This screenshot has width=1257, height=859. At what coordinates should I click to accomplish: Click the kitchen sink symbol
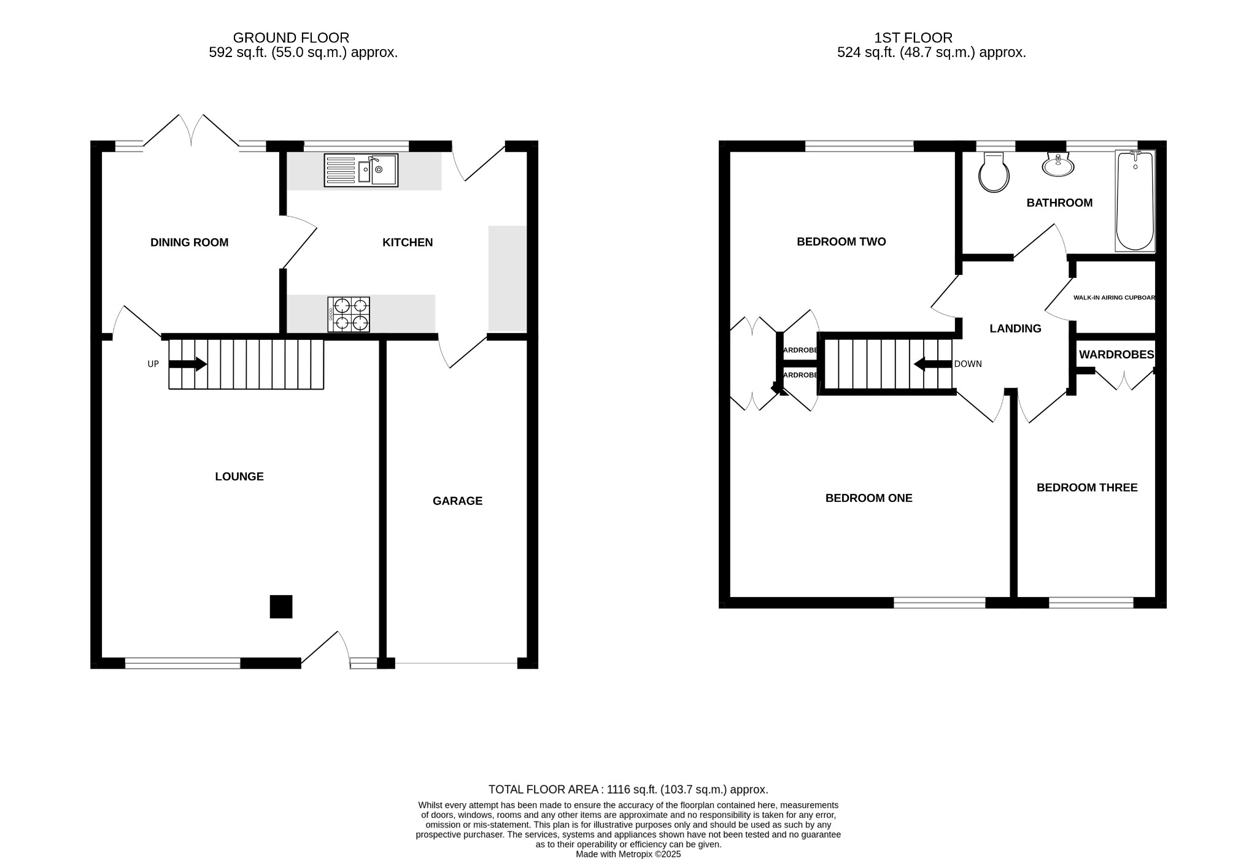(x=361, y=170)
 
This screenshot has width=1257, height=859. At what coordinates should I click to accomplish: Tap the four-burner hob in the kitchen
(x=349, y=314)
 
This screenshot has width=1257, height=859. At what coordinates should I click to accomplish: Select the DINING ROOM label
(x=189, y=242)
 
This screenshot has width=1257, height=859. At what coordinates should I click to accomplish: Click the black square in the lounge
(x=281, y=606)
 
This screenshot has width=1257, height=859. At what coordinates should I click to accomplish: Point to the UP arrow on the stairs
(x=188, y=364)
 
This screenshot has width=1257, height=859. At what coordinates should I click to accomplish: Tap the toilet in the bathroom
(x=994, y=173)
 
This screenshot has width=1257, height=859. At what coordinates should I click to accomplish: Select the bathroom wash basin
(x=1058, y=164)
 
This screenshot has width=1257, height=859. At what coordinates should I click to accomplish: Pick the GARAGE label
(x=457, y=501)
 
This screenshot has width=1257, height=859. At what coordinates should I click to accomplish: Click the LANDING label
(x=1015, y=328)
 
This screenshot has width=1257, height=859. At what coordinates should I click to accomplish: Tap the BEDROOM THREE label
(x=1087, y=488)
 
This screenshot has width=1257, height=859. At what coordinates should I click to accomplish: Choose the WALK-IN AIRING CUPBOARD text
(x=1114, y=298)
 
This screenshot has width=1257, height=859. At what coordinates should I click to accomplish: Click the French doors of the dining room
(x=191, y=131)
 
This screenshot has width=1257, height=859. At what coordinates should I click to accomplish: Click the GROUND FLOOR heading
(x=291, y=38)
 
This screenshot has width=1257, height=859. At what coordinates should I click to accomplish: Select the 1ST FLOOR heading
(x=913, y=38)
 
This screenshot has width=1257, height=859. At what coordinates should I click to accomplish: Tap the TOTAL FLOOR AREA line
(x=628, y=790)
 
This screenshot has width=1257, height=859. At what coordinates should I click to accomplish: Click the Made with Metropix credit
(x=628, y=854)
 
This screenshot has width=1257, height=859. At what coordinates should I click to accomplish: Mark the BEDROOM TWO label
(x=841, y=242)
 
